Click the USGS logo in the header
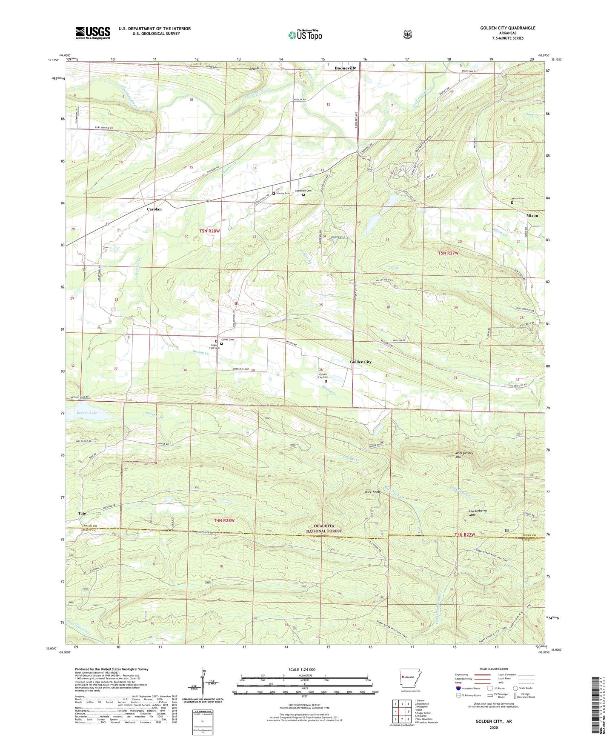[93, 33]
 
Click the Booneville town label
[345, 68]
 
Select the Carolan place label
[154, 209]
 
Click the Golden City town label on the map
[360, 362]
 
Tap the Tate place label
[82, 514]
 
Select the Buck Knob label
[372, 492]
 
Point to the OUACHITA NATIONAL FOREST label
[324, 529]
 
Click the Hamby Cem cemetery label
[283, 193]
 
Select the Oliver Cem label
[228, 340]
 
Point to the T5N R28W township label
[210, 231]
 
